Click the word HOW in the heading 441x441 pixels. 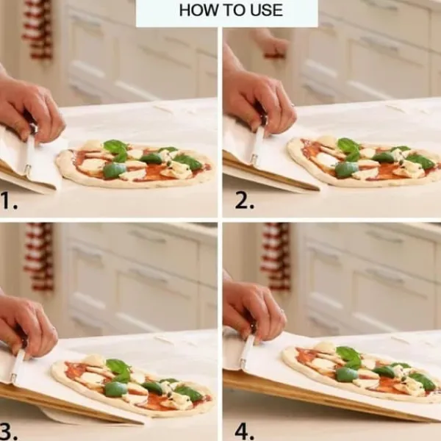(x=199, y=10)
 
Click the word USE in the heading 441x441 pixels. (x=266, y=10)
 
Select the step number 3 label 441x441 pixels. (x=9, y=430)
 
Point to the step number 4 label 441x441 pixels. (x=244, y=430)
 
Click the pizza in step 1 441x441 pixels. (x=135, y=164)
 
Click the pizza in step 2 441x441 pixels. (x=365, y=162)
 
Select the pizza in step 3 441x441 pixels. (x=132, y=384)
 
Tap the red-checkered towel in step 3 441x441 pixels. (x=39, y=257)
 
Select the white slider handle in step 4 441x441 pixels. (x=247, y=351)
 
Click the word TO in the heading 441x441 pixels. (x=234, y=10)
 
